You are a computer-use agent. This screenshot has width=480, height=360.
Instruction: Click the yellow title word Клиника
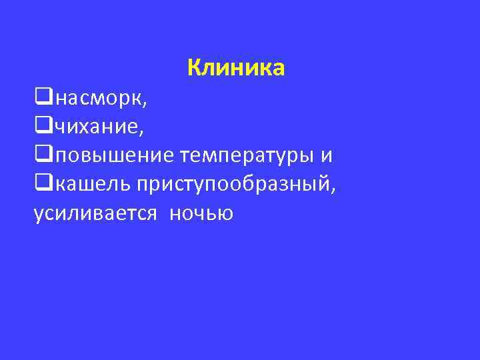pos(236,67)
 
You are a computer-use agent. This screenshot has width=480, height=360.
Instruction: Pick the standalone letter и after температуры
pos(326,156)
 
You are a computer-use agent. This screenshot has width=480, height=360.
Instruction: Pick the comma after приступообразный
pos(333,191)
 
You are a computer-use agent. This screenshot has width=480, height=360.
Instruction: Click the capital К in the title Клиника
pos(195,67)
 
